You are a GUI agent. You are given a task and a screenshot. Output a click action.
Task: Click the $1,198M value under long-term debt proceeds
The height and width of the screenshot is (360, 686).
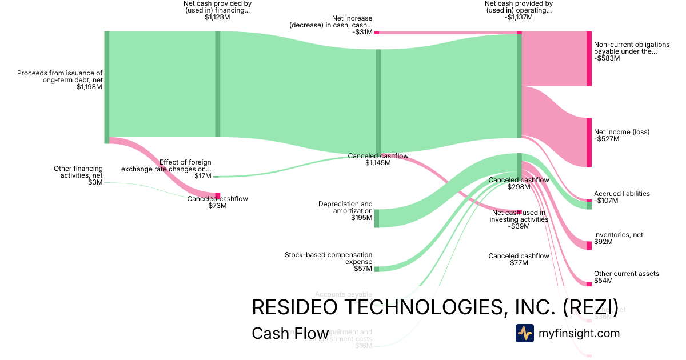(89, 87)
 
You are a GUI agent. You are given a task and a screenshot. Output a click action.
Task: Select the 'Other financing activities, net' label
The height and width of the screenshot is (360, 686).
(78, 172)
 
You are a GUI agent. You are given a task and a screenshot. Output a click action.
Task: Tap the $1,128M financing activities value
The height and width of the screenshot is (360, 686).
(217, 17)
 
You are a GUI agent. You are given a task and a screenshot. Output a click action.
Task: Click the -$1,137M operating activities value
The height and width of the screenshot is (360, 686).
(519, 17)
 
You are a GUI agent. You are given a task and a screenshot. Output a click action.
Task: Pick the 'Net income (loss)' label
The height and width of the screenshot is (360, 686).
(621, 132)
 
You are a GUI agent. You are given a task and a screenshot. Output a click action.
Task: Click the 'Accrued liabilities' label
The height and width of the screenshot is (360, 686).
(621, 194)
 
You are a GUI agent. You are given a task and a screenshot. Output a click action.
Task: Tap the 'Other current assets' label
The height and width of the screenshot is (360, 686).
(626, 274)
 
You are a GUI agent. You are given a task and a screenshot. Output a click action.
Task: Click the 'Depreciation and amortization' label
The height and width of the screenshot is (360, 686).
(345, 207)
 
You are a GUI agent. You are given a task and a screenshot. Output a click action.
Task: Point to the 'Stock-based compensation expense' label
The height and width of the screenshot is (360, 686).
(328, 258)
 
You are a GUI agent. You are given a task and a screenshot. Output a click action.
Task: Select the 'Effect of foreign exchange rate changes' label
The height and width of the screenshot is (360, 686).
(166, 166)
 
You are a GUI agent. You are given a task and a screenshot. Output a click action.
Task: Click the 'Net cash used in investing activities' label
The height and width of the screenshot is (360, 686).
(520, 215)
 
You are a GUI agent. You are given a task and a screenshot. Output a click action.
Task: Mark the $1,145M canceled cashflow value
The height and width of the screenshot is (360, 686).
(378, 163)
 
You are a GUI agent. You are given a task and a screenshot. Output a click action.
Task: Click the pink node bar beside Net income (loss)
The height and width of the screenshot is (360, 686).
(589, 142)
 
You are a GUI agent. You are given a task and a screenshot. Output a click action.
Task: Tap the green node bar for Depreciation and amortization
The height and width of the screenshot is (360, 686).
(376, 218)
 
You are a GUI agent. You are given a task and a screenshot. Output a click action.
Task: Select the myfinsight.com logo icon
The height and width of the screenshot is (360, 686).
(524, 333)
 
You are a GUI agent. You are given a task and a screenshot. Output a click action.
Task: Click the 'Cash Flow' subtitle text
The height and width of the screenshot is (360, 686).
(290, 334)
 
